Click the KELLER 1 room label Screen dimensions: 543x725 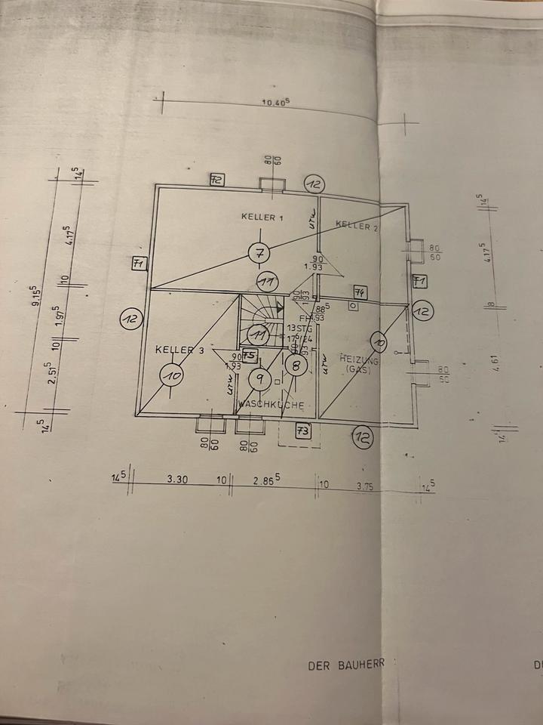[x=262, y=217]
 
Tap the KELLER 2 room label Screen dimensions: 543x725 [x=357, y=225]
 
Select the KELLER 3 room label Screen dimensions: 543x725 [x=179, y=350]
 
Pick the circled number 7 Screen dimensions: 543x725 [x=259, y=253]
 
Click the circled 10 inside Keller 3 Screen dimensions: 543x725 [x=171, y=374]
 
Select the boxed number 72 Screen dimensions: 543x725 [x=217, y=180]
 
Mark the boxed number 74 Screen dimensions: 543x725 [x=359, y=292]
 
